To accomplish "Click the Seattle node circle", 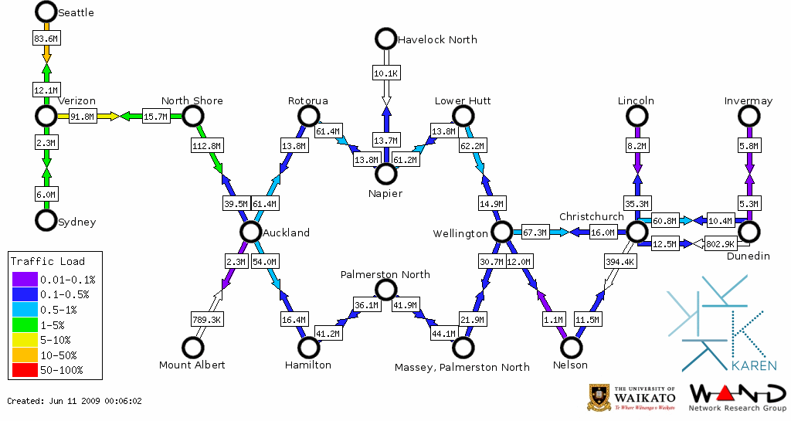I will pyautogui.click(x=46, y=12).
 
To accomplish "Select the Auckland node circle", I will pyautogui.click(x=250, y=232).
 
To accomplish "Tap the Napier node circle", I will pyautogui.click(x=385, y=175).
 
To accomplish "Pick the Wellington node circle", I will pyautogui.click(x=501, y=232).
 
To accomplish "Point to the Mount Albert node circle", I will pyautogui.click(x=192, y=348).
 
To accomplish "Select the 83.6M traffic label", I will pyautogui.click(x=46, y=37).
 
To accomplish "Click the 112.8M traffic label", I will pyautogui.click(x=206, y=145).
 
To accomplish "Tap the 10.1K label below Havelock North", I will pyautogui.click(x=385, y=73).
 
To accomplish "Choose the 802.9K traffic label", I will pyautogui.click(x=721, y=244).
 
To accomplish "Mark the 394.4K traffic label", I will pyautogui.click(x=620, y=262).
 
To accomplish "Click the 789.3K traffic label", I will pyautogui.click(x=206, y=319).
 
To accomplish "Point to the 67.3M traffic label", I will pyautogui.click(x=535, y=233).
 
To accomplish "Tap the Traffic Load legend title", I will pyautogui.click(x=48, y=261).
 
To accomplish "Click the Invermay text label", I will pyautogui.click(x=748, y=101).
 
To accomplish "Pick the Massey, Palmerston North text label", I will pyautogui.click(x=463, y=366).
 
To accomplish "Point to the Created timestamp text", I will pyautogui.click(x=75, y=401).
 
